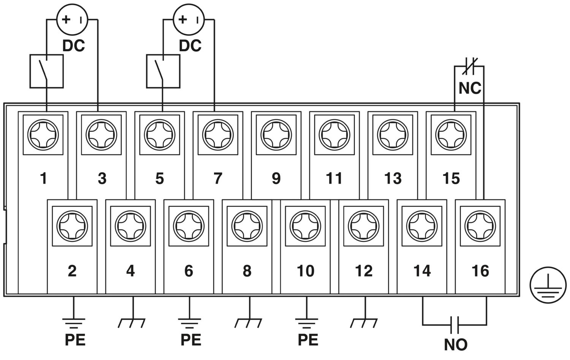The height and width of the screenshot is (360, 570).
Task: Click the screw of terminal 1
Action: [x=43, y=134]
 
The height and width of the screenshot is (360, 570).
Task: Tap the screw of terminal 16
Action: [x=480, y=226]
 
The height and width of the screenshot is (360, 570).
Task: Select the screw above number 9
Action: [x=276, y=134]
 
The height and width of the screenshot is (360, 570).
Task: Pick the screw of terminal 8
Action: [x=247, y=226]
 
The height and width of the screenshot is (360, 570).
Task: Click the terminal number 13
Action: [x=393, y=178]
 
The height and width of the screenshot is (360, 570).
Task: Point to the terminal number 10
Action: [x=306, y=271]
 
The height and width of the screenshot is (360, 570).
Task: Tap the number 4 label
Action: [x=130, y=271]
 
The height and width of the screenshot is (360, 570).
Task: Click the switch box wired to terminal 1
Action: [x=46, y=71]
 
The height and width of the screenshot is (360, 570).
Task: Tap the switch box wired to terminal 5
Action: [x=163, y=71]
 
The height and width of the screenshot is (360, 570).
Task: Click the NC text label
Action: [x=470, y=88]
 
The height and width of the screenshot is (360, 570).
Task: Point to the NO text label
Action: [x=456, y=344]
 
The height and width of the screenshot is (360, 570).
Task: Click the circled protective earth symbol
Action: [x=548, y=284]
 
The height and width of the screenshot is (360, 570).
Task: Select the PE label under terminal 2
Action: [x=75, y=340]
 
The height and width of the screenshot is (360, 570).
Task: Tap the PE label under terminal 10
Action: [x=308, y=340]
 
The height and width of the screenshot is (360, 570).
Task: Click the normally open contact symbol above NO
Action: [x=454, y=324]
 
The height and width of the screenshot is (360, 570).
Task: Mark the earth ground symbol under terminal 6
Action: [x=190, y=323]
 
